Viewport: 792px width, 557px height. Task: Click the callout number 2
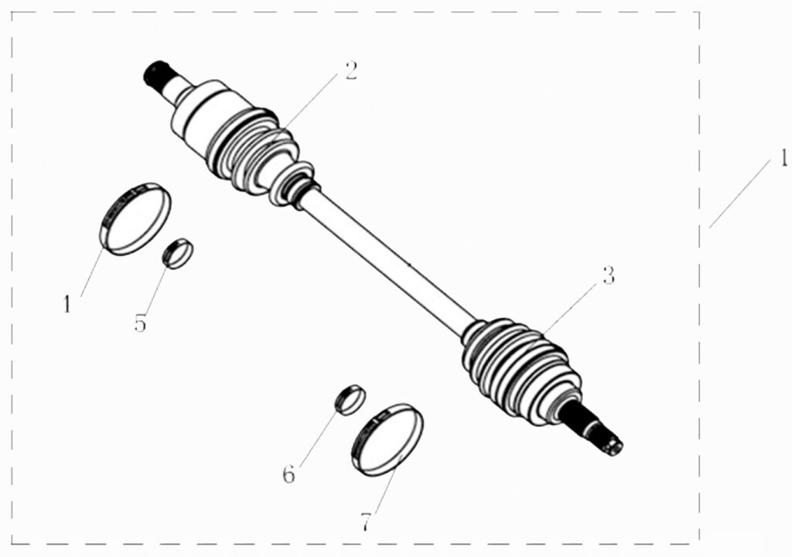coord(351,70)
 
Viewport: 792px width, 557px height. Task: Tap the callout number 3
coord(608,275)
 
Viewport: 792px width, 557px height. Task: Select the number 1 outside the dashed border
coord(783,159)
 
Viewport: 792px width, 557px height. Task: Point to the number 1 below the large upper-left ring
coord(67,304)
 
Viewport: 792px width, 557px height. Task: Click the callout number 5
coord(140,323)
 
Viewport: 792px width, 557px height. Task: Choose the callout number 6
coord(288,475)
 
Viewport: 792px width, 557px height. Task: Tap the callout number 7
coord(365,522)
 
